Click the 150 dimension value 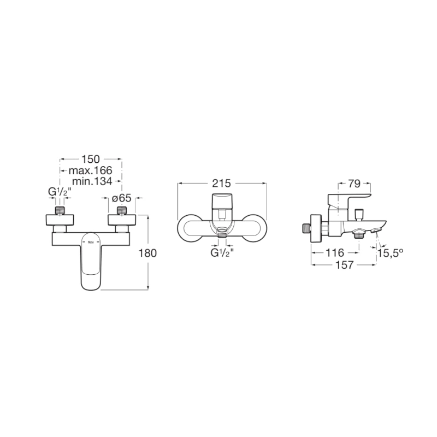90,159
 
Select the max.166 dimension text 90,170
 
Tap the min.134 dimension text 92,181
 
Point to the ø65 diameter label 121,198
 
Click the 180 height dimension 147,253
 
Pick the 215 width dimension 222,184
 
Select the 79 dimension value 354,184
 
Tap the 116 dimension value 335,253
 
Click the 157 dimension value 345,264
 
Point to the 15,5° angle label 391,253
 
